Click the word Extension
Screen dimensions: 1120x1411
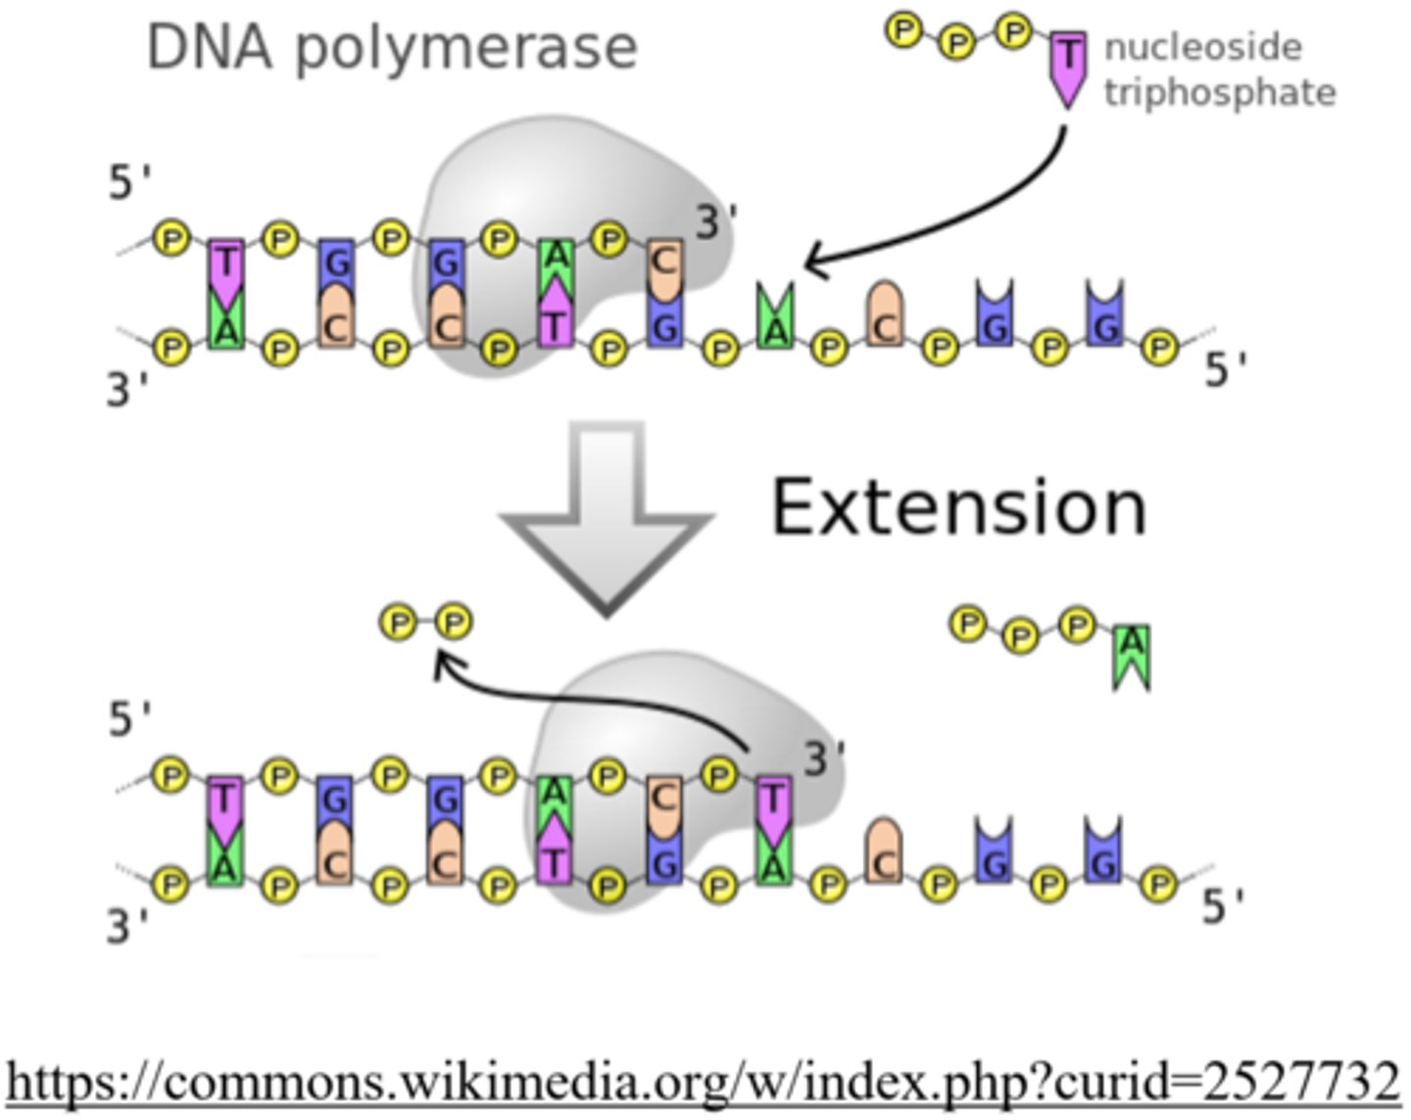coord(958,508)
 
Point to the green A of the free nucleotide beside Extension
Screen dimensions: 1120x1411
coord(1132,654)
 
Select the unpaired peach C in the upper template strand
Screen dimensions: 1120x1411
coord(885,316)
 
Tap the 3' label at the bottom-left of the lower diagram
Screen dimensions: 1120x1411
coord(127,925)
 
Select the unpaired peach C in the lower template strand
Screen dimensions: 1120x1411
coord(885,851)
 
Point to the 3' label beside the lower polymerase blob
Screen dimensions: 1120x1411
coord(824,759)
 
